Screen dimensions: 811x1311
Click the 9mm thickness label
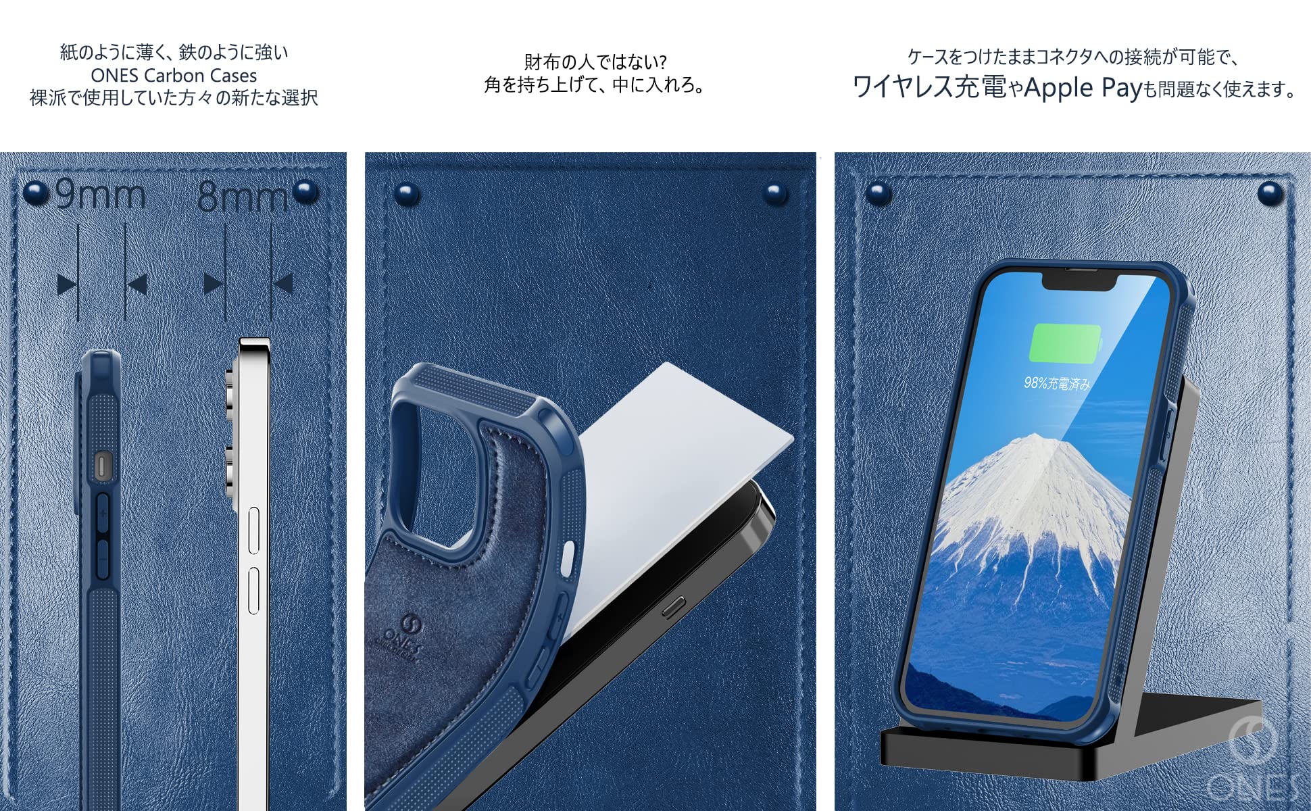click(x=100, y=195)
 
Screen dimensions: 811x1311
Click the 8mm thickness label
click(x=243, y=197)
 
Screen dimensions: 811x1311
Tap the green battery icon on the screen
click(x=1064, y=343)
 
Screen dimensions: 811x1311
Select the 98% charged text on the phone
click(x=1057, y=383)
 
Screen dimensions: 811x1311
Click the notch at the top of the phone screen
click(x=1077, y=280)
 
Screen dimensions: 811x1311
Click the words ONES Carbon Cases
click(x=174, y=75)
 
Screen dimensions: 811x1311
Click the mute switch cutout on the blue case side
click(x=101, y=466)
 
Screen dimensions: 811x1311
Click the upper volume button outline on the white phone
click(x=254, y=531)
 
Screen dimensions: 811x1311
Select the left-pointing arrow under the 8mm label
click(x=284, y=283)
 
